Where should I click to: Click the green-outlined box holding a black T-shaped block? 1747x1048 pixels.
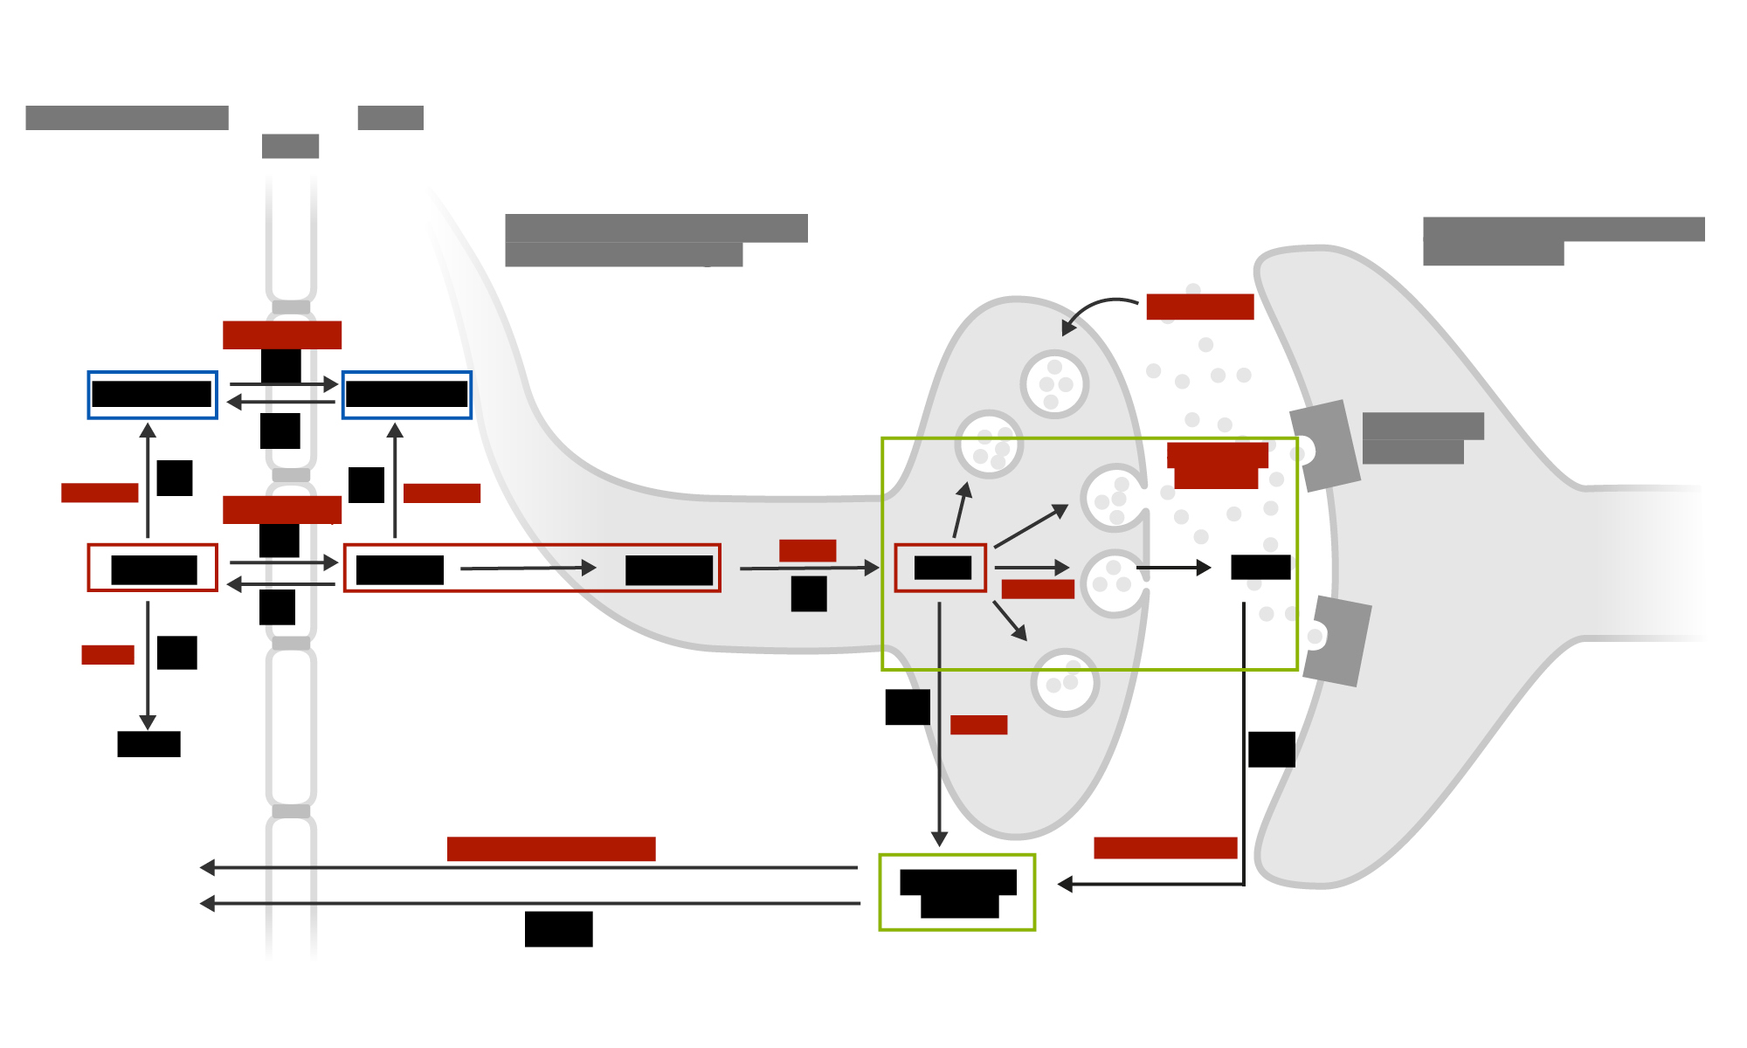[956, 892]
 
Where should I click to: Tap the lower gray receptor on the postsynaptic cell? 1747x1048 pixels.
[1336, 640]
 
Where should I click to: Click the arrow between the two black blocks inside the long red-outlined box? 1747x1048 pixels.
[528, 569]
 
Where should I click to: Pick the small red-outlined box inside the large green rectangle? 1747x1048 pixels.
[941, 568]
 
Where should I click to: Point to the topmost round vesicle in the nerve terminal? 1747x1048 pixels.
[1054, 384]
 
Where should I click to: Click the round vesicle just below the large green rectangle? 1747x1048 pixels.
[1065, 683]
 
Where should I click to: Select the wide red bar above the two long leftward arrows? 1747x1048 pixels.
[551, 849]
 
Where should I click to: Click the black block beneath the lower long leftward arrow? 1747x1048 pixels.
[559, 929]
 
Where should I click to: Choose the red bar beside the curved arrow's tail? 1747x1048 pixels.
[1199, 307]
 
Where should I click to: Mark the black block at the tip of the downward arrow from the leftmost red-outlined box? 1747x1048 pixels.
[148, 744]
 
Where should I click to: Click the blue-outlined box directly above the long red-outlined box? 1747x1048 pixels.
[407, 395]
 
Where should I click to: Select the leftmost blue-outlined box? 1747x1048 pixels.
[152, 395]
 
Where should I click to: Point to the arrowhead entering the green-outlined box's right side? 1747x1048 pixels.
[1065, 885]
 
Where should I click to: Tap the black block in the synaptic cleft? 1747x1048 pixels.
[1260, 568]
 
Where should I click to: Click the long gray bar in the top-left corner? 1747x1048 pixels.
[127, 118]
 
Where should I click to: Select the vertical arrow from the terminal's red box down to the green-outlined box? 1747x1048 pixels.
[939, 725]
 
